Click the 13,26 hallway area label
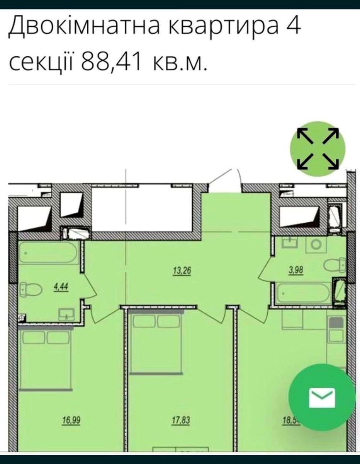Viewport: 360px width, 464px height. click(181, 271)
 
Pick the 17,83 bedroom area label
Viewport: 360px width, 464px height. click(181, 420)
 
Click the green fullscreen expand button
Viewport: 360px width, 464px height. click(318, 149)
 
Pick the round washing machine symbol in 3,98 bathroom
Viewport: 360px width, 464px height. click(316, 244)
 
